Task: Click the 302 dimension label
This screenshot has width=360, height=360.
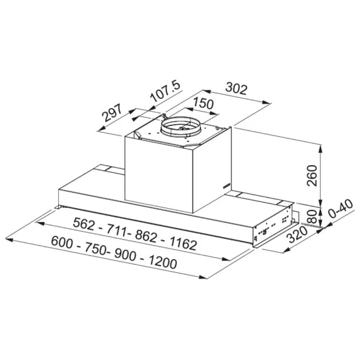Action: coord(236,89)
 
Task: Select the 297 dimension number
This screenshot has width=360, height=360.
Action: coord(112,113)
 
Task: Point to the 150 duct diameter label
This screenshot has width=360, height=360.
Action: coord(203,103)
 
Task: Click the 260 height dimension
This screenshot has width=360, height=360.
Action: coord(312,175)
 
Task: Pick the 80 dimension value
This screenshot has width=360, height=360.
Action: coord(312,217)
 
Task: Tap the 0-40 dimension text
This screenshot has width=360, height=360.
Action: coord(341,208)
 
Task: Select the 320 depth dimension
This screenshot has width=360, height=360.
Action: coord(298,235)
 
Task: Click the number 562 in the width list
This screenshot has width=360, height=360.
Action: coord(83,224)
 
